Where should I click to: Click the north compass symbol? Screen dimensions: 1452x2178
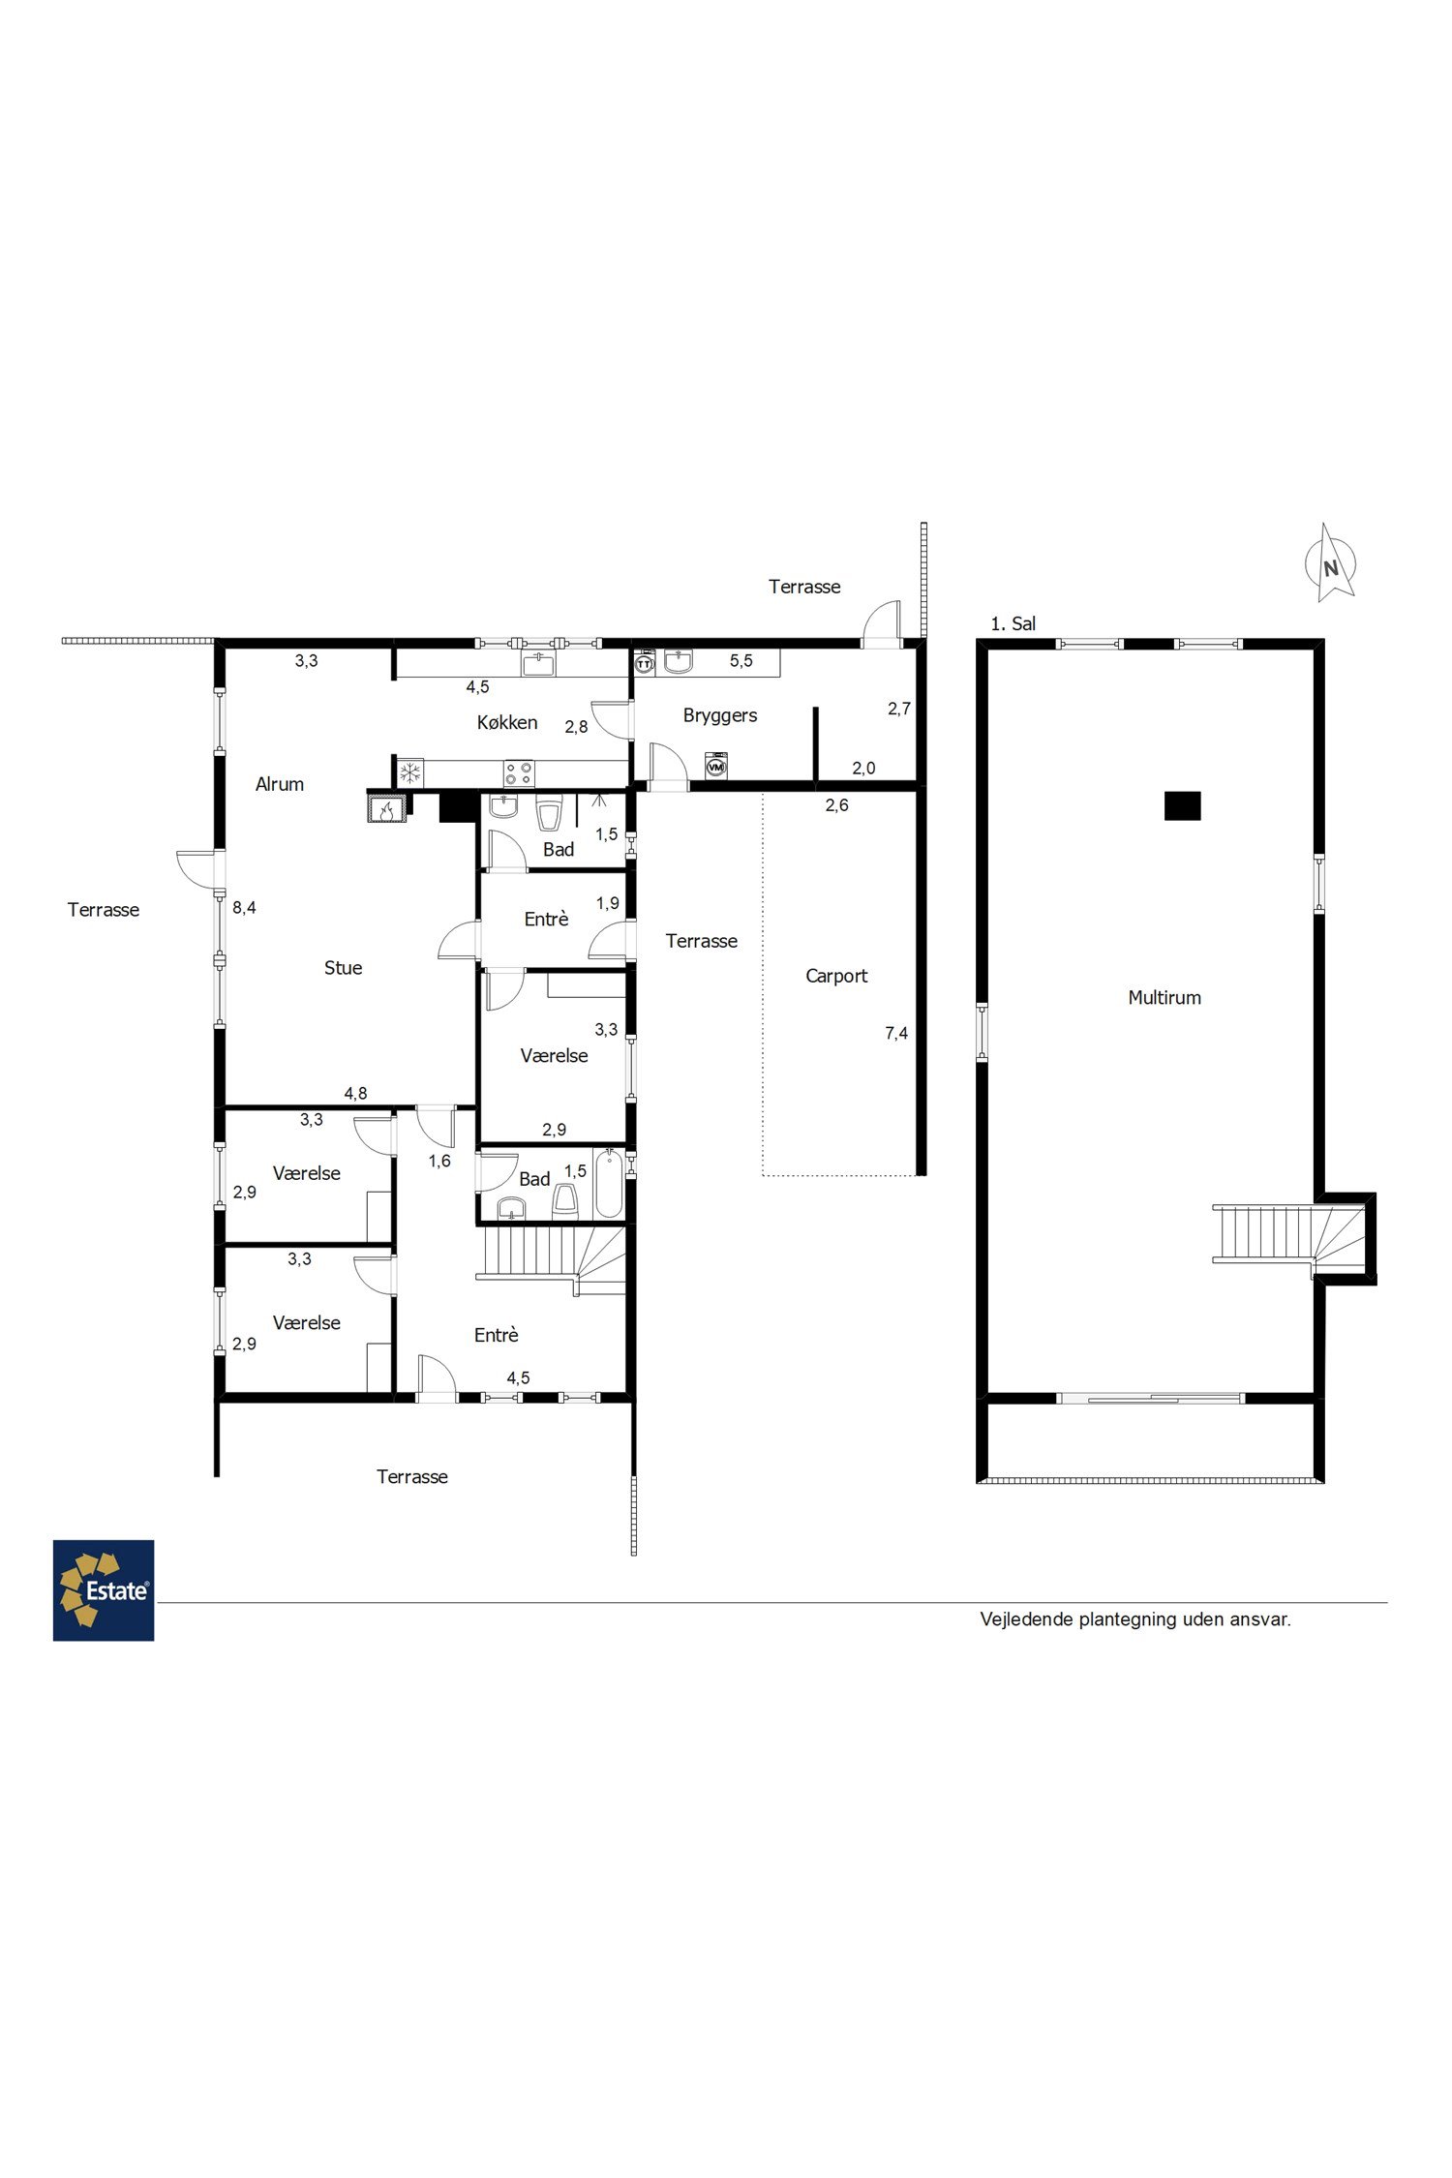click(x=1331, y=564)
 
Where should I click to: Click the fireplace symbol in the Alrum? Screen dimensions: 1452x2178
click(x=387, y=807)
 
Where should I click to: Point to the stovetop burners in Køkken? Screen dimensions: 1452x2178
click(x=519, y=772)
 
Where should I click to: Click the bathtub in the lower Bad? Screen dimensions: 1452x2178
click(x=608, y=1184)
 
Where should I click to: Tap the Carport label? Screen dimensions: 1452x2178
click(x=836, y=976)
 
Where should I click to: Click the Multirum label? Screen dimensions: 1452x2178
click(x=1165, y=997)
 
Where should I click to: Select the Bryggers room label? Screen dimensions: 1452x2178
click(x=720, y=716)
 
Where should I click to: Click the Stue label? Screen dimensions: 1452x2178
click(x=344, y=968)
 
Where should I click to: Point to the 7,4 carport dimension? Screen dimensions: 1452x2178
click(x=896, y=1034)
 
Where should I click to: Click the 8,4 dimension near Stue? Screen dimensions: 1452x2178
click(x=244, y=908)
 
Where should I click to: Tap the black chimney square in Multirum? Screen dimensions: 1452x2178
click(x=1182, y=805)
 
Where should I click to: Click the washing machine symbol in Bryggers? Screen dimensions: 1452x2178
click(x=716, y=766)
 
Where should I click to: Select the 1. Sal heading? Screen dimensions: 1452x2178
click(x=1013, y=624)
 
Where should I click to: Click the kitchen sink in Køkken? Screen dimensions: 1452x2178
click(x=538, y=663)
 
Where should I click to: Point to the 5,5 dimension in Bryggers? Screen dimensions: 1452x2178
click(x=741, y=661)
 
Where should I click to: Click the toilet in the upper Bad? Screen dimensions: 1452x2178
click(x=549, y=814)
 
